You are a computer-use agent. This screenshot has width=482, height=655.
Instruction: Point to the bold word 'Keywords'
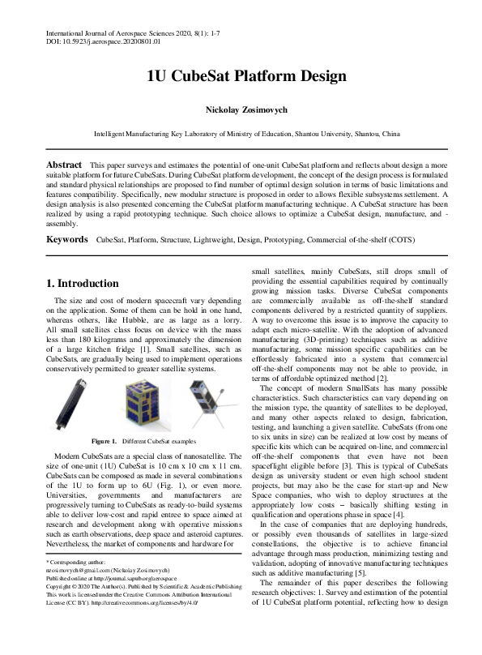[67, 241]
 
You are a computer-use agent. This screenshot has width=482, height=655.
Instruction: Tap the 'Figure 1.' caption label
[105, 441]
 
